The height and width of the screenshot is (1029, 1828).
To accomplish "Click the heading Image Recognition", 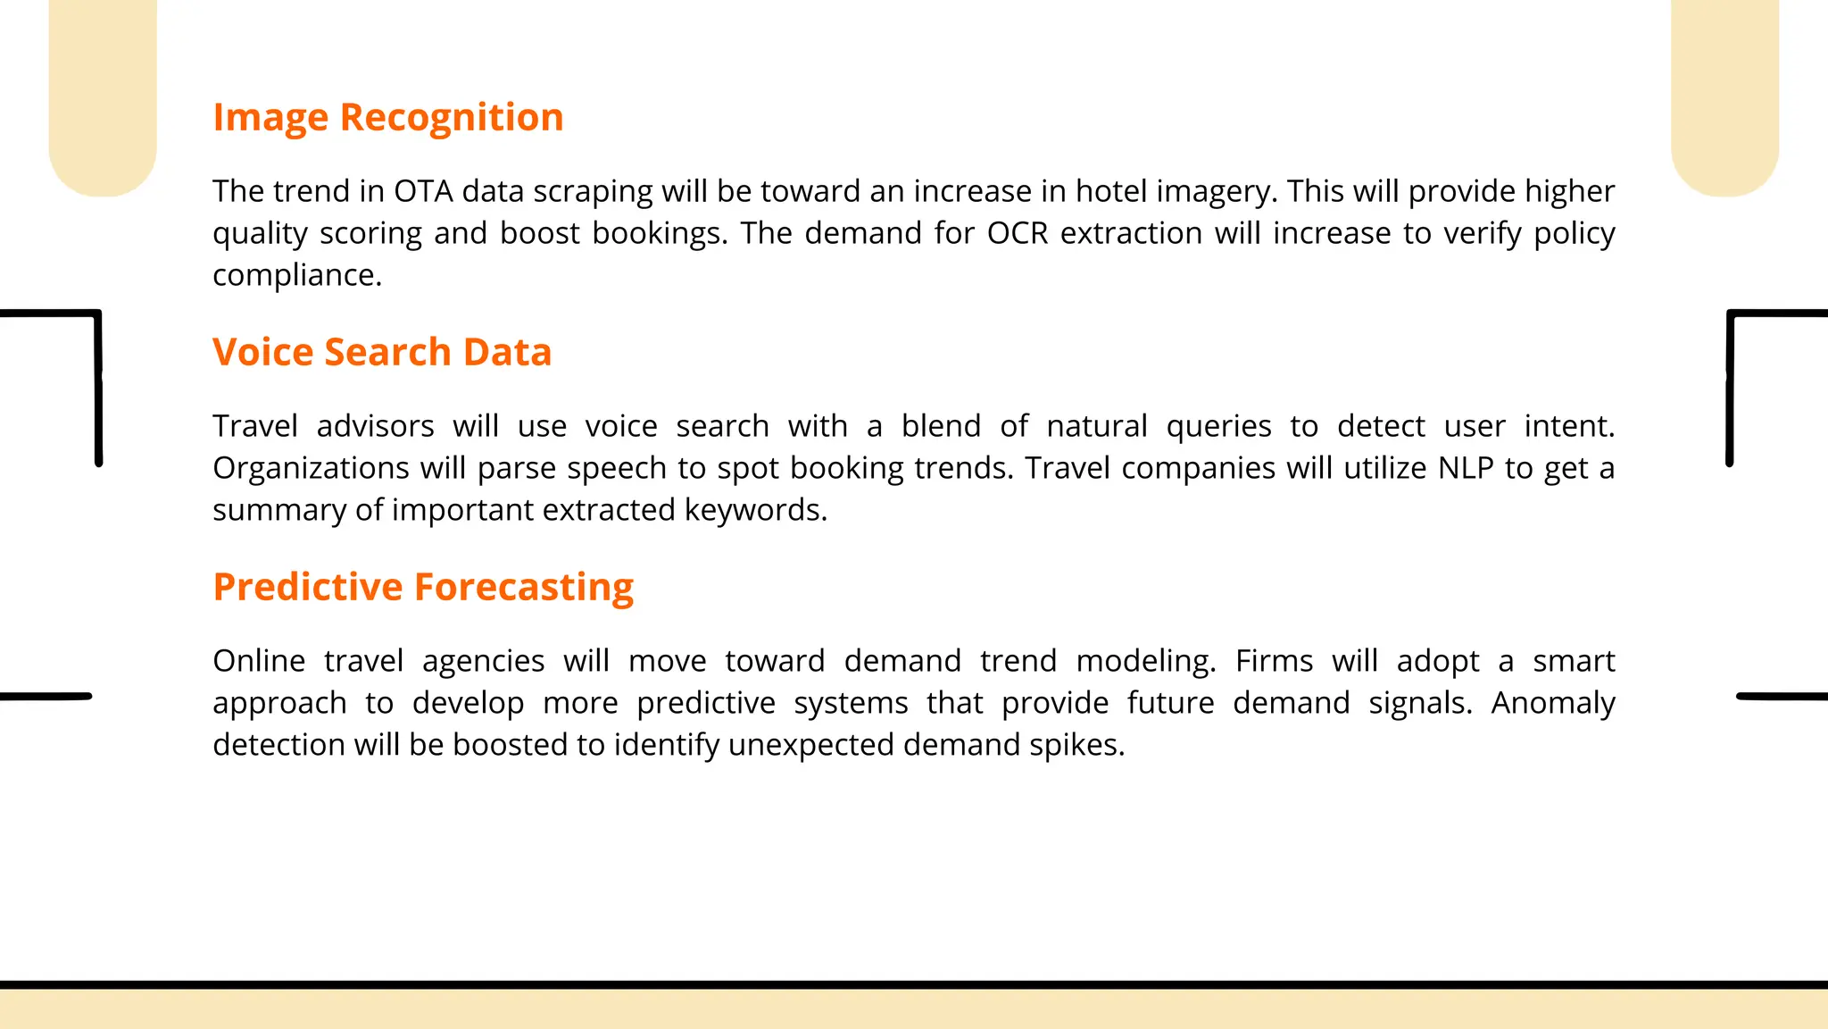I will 387,118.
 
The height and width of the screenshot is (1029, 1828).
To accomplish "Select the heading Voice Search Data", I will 382,352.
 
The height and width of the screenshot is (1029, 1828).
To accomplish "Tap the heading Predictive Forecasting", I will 423,587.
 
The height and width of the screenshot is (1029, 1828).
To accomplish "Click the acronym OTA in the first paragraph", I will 423,191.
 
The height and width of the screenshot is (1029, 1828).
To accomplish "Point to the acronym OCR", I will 1018,233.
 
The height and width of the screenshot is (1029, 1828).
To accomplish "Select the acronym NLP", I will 1466,468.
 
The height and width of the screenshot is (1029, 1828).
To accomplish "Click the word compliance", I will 296,275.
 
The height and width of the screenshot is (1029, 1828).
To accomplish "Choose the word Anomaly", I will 1553,704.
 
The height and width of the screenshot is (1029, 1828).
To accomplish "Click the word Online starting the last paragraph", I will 259,661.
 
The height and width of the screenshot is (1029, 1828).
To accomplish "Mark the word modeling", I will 1145,662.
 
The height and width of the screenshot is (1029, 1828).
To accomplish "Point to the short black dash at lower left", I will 45,696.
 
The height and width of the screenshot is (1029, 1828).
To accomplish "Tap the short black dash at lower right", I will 1782,696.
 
